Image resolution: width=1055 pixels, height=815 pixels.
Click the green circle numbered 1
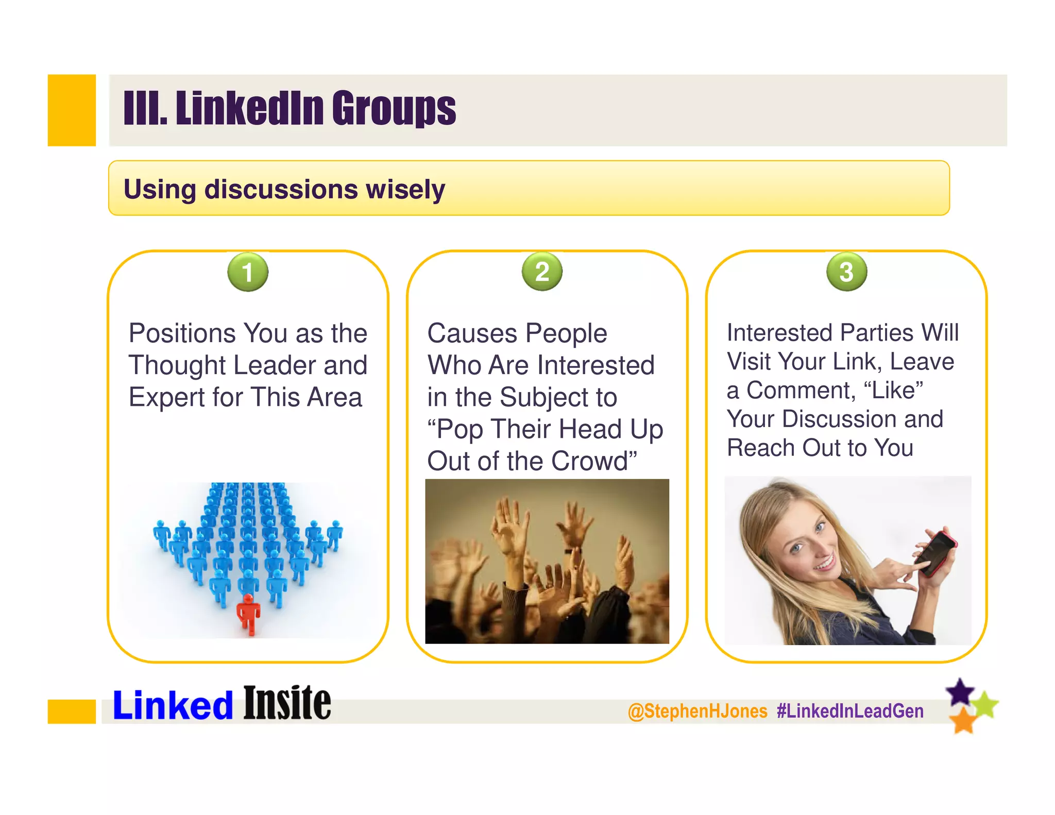pos(248,272)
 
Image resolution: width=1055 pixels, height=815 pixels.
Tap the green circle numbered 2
pos(542,271)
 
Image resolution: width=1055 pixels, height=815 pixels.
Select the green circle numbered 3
pos(846,271)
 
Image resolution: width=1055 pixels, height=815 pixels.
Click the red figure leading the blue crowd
pos(248,613)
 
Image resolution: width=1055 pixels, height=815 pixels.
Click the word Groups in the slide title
pos(394,109)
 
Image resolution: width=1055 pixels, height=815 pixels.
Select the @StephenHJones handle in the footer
pos(697,711)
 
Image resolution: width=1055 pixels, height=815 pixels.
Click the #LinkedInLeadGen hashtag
pos(850,711)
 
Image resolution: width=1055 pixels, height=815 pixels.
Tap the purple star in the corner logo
pos(960,692)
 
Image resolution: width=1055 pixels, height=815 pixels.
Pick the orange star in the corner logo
pos(962,720)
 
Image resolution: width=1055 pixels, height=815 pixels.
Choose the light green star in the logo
pos(985,704)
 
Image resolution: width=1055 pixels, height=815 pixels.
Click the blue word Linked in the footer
pos(173,705)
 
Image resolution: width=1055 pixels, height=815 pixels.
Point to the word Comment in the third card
pos(801,390)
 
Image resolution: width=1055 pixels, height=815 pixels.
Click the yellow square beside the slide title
pos(72,110)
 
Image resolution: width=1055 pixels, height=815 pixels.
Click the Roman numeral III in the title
pos(145,109)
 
